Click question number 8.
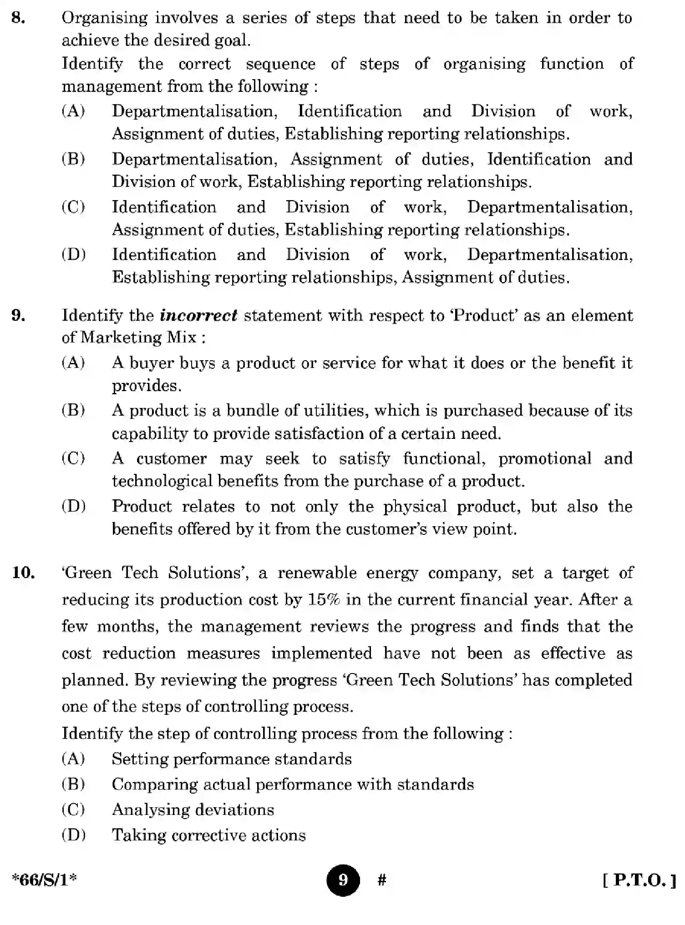coord(18,18)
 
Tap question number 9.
coord(18,315)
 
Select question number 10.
coord(24,573)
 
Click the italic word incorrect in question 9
coord(198,315)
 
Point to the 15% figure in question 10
coord(324,599)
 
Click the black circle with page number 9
coord(343,880)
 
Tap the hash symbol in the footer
coord(382,880)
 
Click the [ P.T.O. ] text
coord(639,880)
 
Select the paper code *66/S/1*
coord(44,880)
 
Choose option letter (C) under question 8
coord(73,207)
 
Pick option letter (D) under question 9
coord(73,506)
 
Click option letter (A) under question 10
coord(73,759)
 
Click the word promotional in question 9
coord(545,458)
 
